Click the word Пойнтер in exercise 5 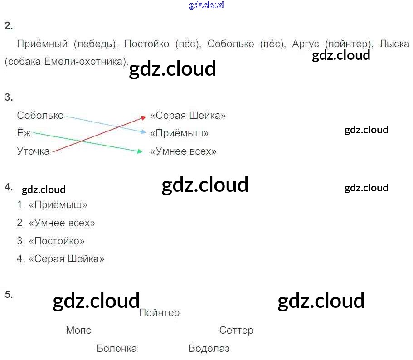click(159, 313)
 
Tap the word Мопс click(78, 331)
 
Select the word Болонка click(117, 349)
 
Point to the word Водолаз click(209, 349)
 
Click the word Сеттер click(236, 331)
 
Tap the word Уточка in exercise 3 click(33, 151)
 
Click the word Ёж click(24, 133)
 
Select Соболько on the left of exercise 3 click(40, 116)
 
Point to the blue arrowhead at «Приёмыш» click(144, 133)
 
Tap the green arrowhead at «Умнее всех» click(140, 151)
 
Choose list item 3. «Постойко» click(51, 241)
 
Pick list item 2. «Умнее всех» click(56, 223)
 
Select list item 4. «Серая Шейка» click(61, 259)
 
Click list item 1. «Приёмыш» click(52, 205)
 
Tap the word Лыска click(394, 44)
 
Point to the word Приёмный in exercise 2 click(42, 44)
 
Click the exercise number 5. click(9, 295)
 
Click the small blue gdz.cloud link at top click(206, 5)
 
